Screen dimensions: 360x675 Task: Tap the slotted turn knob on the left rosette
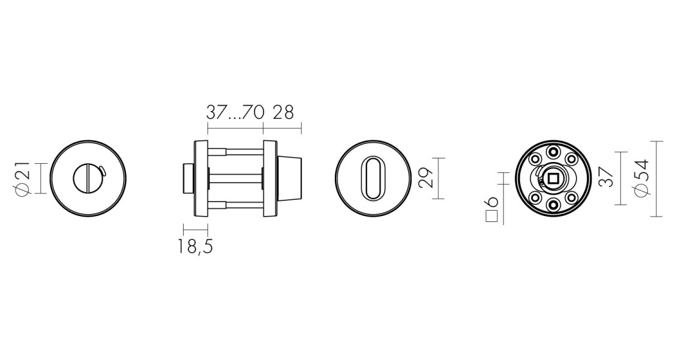tap(88, 178)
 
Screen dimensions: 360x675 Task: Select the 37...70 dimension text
tap(235, 112)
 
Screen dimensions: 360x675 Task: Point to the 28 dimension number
tap(283, 112)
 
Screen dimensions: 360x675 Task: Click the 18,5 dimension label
tap(195, 245)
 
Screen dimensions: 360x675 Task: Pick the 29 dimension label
tap(425, 178)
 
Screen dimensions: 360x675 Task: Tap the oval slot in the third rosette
tap(372, 178)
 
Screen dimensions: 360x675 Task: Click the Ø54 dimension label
tap(641, 178)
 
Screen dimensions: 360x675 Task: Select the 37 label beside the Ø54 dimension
tap(606, 178)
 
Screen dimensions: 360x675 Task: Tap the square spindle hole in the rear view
tap(553, 178)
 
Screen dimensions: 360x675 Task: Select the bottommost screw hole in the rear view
tap(553, 205)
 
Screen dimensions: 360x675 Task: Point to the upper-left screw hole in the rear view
tap(534, 160)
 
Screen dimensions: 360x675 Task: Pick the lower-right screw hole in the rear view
tap(571, 197)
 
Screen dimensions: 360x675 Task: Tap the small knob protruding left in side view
tap(188, 178)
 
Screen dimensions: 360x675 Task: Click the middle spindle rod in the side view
tap(236, 178)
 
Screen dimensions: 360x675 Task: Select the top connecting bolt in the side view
tap(236, 151)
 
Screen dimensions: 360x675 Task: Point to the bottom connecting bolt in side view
tap(236, 205)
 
